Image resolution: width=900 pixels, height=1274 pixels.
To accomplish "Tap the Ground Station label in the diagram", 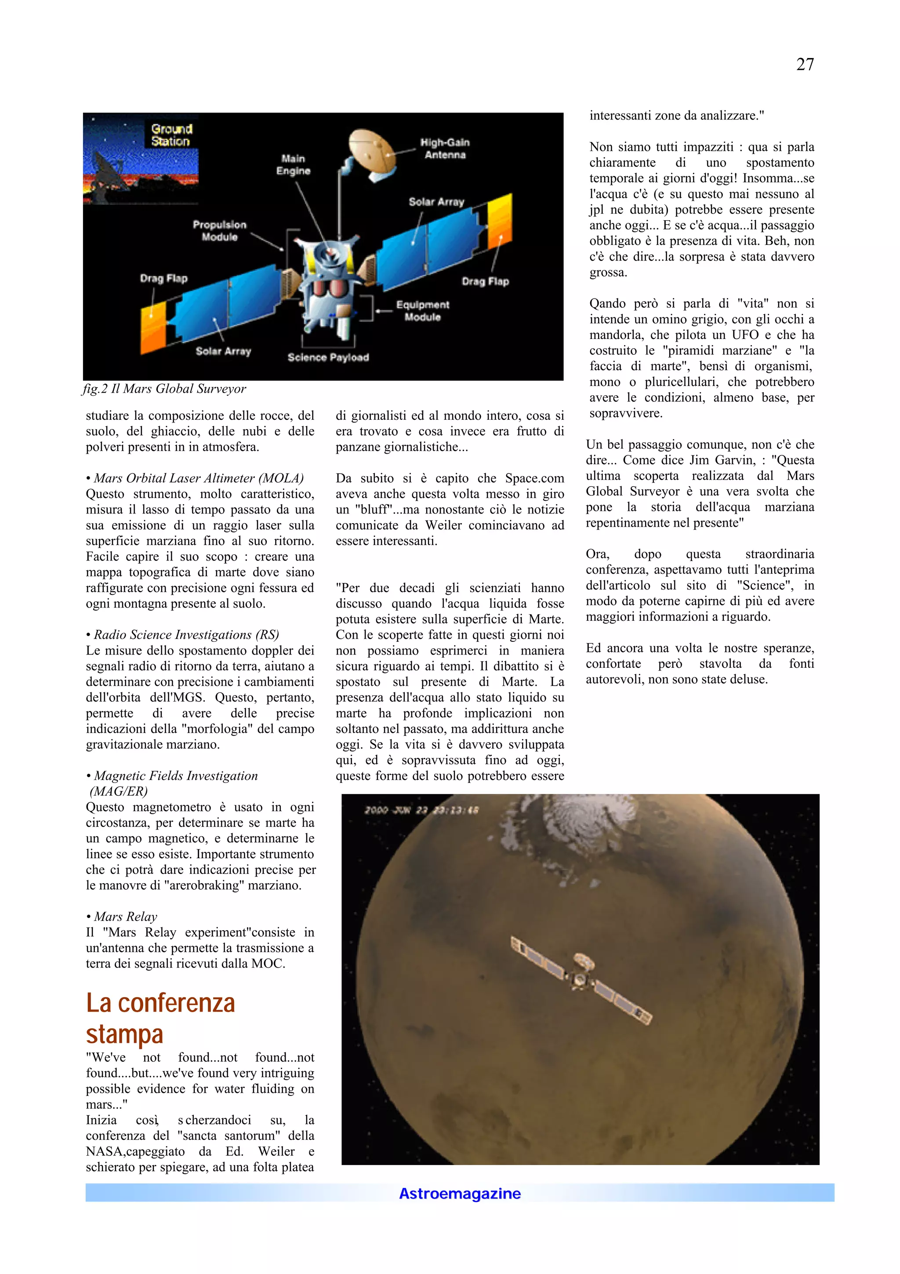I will pos(171,135).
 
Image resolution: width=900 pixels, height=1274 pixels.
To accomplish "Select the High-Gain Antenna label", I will pos(445,149).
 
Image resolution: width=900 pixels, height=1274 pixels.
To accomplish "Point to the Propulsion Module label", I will pos(220,230).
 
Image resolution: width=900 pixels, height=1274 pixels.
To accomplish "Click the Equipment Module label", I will pos(423,311).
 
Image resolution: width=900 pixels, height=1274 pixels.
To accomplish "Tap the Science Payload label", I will pos(328,357).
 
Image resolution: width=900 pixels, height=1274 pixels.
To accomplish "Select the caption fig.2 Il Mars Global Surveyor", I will pos(164,389).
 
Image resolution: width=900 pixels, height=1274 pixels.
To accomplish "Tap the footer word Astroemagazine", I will pos(460,1193).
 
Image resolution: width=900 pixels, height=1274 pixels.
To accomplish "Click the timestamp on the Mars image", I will pos(421,810).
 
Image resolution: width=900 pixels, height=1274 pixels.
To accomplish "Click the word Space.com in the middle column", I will pos(534,478).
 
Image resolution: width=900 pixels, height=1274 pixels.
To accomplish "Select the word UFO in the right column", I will pos(745,335).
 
